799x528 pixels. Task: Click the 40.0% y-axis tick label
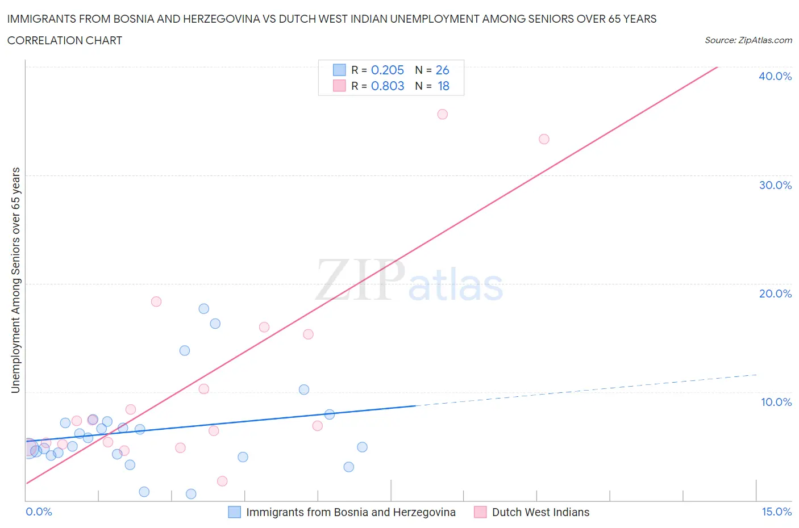(x=775, y=76)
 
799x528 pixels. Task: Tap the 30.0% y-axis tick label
(x=775, y=185)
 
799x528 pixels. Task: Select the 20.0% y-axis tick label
(x=775, y=294)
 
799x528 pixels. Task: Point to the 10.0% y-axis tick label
(x=776, y=402)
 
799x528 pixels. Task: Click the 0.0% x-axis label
(x=39, y=512)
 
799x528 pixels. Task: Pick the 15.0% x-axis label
(x=776, y=512)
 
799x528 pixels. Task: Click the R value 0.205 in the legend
(x=387, y=70)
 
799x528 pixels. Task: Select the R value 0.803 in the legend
(x=387, y=86)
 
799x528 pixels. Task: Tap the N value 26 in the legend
(x=442, y=70)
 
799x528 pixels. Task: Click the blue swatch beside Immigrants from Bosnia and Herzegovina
(x=234, y=512)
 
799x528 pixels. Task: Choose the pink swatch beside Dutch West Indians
(x=480, y=512)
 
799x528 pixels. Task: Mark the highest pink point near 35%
(x=443, y=114)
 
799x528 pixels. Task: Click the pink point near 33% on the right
(x=544, y=139)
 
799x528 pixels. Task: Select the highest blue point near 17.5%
(x=203, y=309)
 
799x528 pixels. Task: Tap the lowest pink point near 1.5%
(x=222, y=481)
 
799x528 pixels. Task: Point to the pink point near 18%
(x=156, y=301)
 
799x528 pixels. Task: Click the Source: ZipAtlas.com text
(x=748, y=40)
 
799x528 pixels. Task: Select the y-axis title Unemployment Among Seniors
(x=16, y=280)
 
